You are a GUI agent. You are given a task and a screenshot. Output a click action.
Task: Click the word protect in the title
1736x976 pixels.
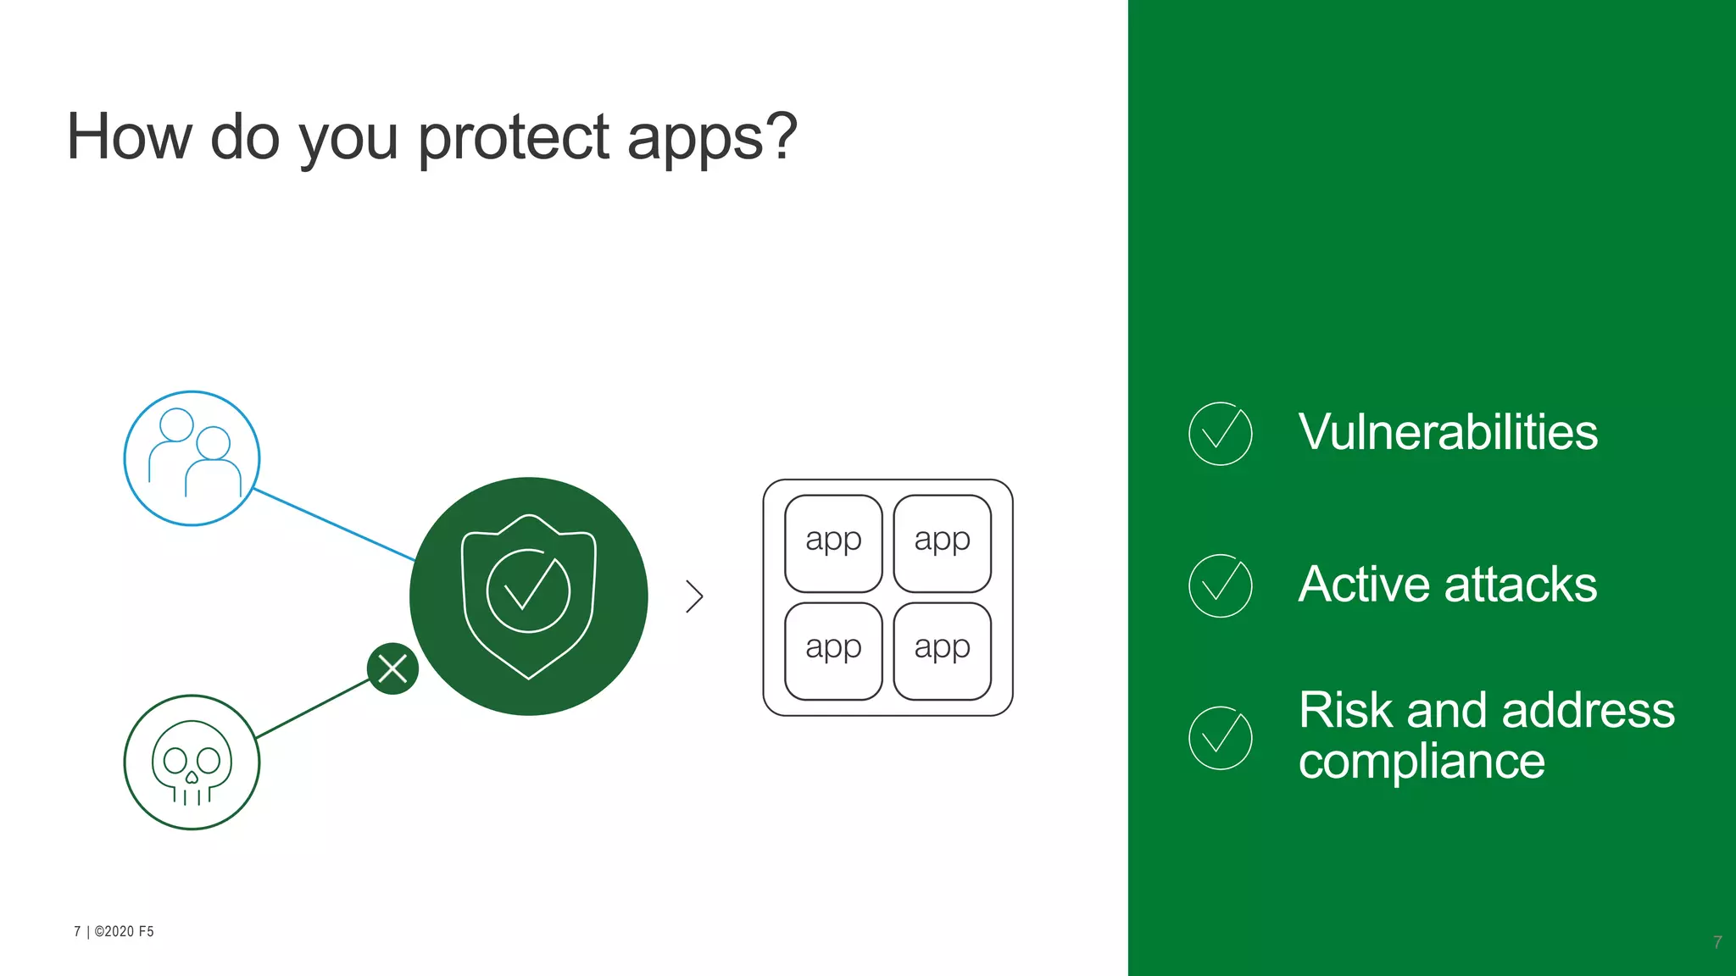[514, 137]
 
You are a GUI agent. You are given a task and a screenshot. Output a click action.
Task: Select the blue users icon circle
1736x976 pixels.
[192, 458]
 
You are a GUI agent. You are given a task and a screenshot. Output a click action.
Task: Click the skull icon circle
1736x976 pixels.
[192, 762]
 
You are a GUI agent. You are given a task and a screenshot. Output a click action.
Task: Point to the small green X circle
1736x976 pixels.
[392, 668]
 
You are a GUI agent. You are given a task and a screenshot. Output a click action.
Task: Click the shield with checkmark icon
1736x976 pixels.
[528, 596]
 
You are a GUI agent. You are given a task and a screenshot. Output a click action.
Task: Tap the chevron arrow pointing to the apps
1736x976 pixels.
[694, 596]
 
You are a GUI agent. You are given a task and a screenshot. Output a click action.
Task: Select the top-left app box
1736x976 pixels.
[833, 543]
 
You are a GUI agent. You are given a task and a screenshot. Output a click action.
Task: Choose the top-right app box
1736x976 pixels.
[942, 543]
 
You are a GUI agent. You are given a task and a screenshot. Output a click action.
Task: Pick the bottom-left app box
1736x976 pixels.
[833, 651]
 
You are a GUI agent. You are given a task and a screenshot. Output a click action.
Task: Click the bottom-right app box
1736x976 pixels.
[942, 651]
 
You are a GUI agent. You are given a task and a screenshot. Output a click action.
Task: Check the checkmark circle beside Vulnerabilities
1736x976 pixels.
[1220, 434]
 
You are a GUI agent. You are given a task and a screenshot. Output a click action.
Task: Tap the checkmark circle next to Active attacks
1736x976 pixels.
[1220, 585]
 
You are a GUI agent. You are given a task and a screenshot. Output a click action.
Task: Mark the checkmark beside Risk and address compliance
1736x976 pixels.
[1220, 738]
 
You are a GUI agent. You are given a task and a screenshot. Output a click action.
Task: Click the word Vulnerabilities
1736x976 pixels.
[1448, 432]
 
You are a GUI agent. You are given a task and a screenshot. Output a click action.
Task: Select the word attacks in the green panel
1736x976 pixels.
[1520, 585]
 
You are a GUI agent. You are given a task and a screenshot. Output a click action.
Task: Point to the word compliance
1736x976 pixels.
[1422, 761]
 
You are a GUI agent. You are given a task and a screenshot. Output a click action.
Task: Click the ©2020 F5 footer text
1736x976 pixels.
[124, 931]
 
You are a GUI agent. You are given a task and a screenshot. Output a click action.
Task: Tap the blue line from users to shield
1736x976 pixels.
[334, 524]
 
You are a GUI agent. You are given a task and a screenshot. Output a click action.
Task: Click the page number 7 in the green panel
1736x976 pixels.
[1717, 942]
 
